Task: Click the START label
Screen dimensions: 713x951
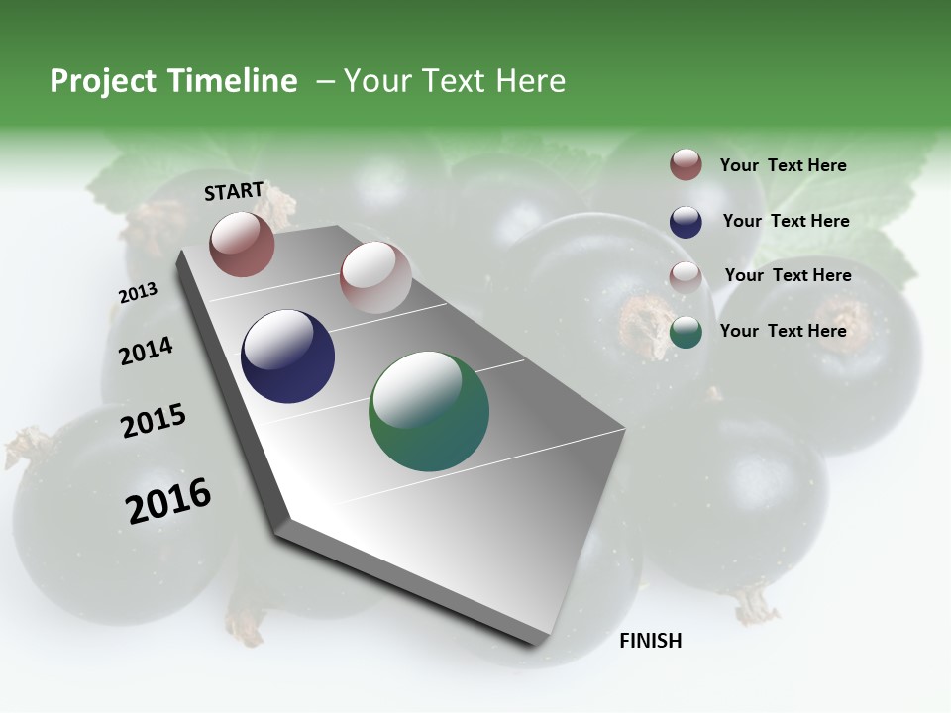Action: coord(234,191)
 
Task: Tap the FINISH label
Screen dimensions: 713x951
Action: coord(651,641)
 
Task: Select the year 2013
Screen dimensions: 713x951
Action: coord(139,293)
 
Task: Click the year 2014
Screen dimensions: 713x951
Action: coord(146,351)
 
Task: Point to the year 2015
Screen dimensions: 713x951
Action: coord(154,421)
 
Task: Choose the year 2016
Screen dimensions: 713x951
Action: coord(168,500)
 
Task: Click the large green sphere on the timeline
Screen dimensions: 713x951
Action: coord(429,411)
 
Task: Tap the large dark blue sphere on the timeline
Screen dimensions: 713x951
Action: coord(287,356)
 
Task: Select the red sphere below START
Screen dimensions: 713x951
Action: coord(242,244)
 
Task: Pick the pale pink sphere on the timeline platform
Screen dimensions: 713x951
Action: coord(375,276)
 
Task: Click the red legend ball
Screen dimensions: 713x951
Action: coord(686,165)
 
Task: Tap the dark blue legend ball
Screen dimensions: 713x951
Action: coord(686,222)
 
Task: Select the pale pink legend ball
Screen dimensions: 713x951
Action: coord(686,277)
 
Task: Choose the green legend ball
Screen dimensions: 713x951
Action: coord(686,333)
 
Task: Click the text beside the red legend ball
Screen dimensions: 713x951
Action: coord(783,165)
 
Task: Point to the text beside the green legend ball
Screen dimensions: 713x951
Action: coord(783,331)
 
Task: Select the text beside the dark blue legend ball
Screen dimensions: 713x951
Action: coord(786,221)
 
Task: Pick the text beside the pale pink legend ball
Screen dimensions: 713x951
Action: coord(788,275)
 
